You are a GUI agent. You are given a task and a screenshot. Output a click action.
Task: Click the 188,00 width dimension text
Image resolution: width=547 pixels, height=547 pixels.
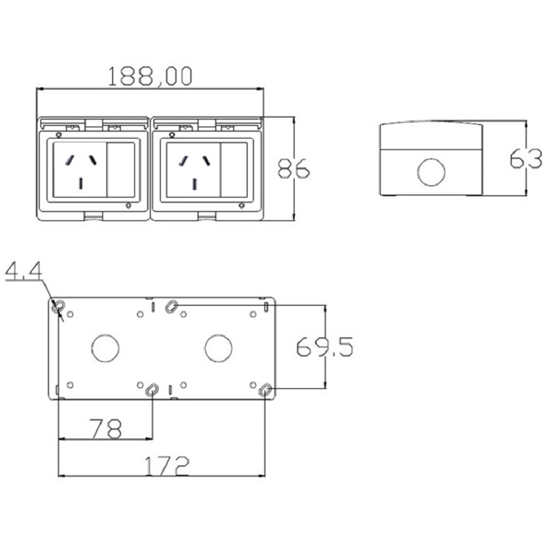coord(149,77)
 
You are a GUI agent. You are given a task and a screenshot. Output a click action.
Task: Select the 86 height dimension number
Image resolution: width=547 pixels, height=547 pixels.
coord(293,168)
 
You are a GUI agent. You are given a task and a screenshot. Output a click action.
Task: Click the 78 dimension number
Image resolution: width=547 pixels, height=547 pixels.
coord(105,428)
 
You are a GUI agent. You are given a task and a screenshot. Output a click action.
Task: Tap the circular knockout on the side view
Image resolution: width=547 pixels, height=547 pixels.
coord(431,172)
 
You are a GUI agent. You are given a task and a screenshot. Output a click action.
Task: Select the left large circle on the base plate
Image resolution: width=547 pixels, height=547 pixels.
coord(106,348)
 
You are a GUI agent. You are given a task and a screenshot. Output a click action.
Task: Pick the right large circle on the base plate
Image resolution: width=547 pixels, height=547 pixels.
coord(219,348)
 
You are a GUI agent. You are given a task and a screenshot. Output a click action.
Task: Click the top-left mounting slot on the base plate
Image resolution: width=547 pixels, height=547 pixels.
coord(59,307)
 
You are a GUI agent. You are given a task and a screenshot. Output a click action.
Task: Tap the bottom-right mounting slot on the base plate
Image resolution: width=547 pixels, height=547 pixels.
coord(265,390)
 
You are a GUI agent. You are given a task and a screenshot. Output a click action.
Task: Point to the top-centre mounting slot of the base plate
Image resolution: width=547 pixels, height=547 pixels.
coord(171,306)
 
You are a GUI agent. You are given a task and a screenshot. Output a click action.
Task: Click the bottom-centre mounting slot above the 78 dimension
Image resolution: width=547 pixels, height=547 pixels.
coord(152,389)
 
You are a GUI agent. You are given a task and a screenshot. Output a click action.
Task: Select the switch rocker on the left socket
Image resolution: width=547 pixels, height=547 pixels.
coord(121,170)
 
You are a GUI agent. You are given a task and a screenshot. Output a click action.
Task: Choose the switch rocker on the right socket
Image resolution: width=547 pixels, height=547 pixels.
coord(234,170)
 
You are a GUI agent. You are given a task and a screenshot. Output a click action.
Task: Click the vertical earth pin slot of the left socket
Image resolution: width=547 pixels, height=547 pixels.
coord(82,184)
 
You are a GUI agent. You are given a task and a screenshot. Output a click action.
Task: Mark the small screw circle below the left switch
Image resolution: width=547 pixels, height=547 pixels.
coord(128,206)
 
